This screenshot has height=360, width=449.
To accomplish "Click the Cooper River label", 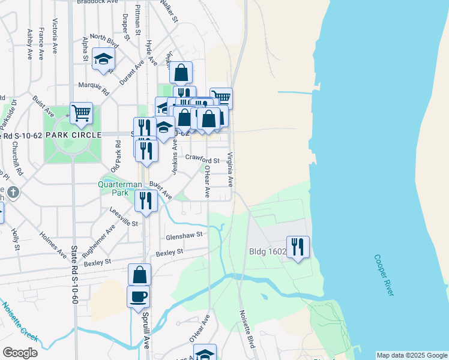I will pyautogui.click(x=384, y=275).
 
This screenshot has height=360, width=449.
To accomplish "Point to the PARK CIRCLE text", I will pyautogui.click(x=73, y=135).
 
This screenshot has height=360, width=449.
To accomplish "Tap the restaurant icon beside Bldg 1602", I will pyautogui.click(x=298, y=247).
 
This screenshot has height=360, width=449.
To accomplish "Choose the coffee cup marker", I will pyautogui.click(x=139, y=296).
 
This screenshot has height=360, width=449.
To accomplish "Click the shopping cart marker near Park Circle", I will pyautogui.click(x=81, y=112).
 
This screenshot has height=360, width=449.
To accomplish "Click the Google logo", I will pyautogui.click(x=20, y=353).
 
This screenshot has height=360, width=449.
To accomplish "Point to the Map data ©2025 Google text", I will pyautogui.click(x=411, y=355).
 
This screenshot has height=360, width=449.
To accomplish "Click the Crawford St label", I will pyautogui.click(x=202, y=160).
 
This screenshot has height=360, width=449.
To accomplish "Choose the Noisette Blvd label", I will pyautogui.click(x=247, y=329).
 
